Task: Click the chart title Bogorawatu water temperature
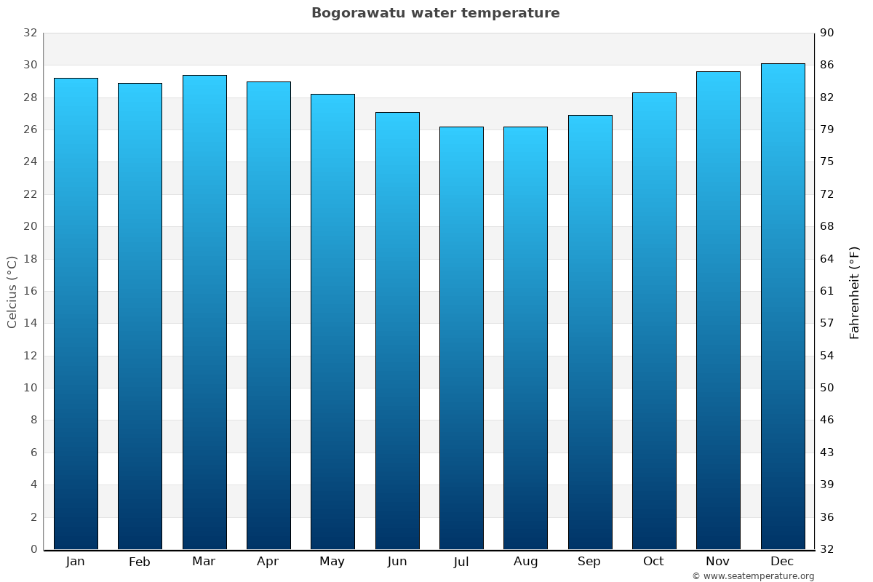(436, 13)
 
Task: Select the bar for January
(76, 313)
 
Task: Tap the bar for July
(461, 338)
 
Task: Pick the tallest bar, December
(783, 306)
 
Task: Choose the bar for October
(654, 320)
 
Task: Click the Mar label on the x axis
(204, 562)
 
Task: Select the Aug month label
(525, 562)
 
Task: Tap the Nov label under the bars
(718, 562)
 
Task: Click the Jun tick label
(397, 562)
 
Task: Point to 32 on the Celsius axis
(30, 33)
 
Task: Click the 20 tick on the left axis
(30, 226)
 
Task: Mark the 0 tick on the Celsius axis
(33, 549)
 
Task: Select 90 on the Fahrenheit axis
(827, 33)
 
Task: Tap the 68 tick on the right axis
(827, 226)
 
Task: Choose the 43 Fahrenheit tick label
(827, 453)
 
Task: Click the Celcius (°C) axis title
(12, 292)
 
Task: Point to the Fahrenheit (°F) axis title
(855, 292)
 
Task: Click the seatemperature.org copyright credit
(753, 576)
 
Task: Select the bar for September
(590, 332)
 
